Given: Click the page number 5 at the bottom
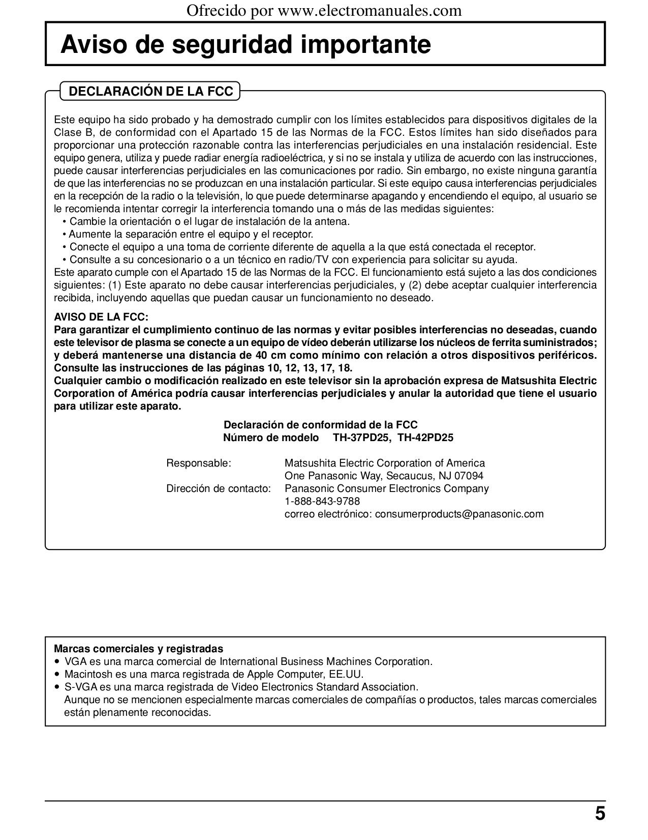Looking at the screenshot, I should click(600, 814).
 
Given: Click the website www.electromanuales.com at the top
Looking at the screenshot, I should click(369, 10).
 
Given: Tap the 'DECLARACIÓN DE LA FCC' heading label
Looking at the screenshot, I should click(150, 92).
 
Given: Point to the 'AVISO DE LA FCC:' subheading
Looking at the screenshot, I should click(101, 317).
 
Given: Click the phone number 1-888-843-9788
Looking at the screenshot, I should click(322, 501).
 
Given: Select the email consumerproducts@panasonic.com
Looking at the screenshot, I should click(459, 514).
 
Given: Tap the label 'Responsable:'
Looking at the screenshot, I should click(199, 463).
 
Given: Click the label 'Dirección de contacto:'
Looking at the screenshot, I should click(219, 488).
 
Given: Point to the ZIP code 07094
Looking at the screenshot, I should click(469, 476).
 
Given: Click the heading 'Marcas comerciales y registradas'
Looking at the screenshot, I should click(138, 649).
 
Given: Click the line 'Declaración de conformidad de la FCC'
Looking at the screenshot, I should click(321, 425).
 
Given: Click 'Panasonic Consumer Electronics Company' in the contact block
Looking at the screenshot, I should click(386, 488).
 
